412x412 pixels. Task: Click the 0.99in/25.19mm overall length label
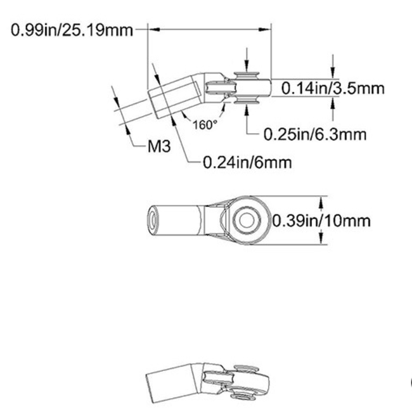(72, 29)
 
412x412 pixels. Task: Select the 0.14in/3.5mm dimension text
(333, 88)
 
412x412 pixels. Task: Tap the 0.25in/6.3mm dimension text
(315, 134)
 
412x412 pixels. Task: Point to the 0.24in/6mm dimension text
(247, 162)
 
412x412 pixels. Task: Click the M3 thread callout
(158, 147)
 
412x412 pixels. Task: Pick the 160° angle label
(205, 125)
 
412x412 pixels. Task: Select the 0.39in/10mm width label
(321, 221)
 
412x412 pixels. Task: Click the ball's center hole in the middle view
(246, 221)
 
